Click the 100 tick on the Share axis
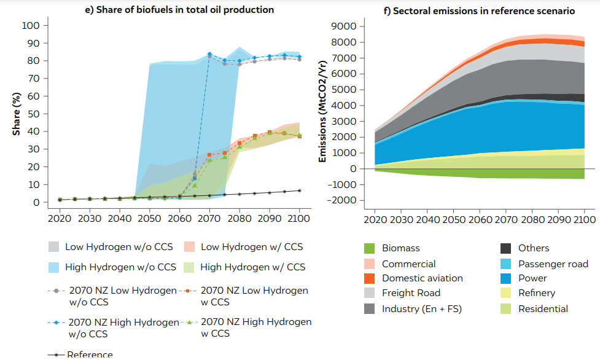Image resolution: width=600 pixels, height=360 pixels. point(30,26)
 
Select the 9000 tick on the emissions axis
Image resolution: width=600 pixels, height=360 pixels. point(343,26)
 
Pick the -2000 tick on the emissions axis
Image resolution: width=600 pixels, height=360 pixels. point(341,200)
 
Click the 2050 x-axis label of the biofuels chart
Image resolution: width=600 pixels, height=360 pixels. point(149,219)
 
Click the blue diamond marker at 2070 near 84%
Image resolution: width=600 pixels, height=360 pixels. point(209,54)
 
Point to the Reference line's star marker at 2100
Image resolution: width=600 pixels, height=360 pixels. point(300,190)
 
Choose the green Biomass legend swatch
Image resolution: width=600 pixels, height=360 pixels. point(369,248)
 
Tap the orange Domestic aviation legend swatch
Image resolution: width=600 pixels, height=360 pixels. point(369,278)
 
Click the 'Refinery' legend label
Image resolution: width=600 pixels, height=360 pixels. point(536,293)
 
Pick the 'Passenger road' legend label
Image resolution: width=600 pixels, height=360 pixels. point(553,264)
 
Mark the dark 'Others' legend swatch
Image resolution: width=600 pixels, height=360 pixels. point(505,248)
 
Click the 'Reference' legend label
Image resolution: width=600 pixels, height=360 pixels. point(90,354)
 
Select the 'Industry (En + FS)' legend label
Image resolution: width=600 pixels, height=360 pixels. point(421,308)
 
